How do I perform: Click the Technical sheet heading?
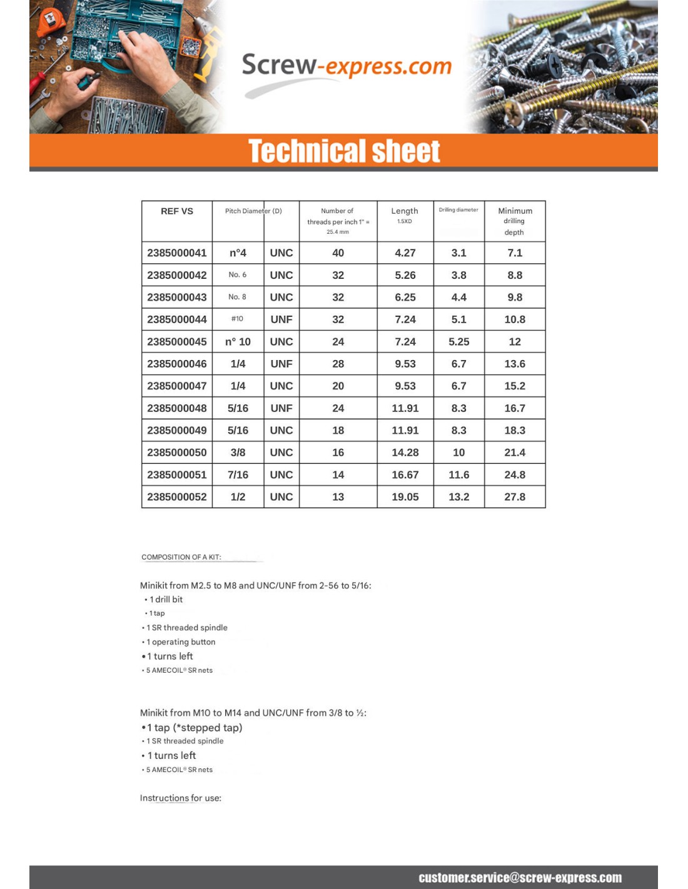click(x=344, y=151)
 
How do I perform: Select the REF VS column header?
click(x=177, y=211)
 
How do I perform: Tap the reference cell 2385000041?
click(x=177, y=253)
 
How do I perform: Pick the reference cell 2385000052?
click(x=177, y=497)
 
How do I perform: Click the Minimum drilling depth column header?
click(x=515, y=221)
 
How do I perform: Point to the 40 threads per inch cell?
click(x=338, y=253)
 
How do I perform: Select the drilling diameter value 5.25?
click(x=458, y=342)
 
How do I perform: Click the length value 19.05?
click(x=405, y=497)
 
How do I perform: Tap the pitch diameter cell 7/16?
click(x=238, y=475)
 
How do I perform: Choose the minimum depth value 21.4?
click(x=515, y=453)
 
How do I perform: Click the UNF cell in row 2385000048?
click(x=281, y=408)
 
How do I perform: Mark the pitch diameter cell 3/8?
click(x=238, y=453)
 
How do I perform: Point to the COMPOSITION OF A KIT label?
click(x=181, y=557)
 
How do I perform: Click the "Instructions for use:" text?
click(x=181, y=798)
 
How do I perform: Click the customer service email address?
click(x=520, y=878)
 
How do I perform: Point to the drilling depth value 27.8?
click(x=515, y=497)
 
